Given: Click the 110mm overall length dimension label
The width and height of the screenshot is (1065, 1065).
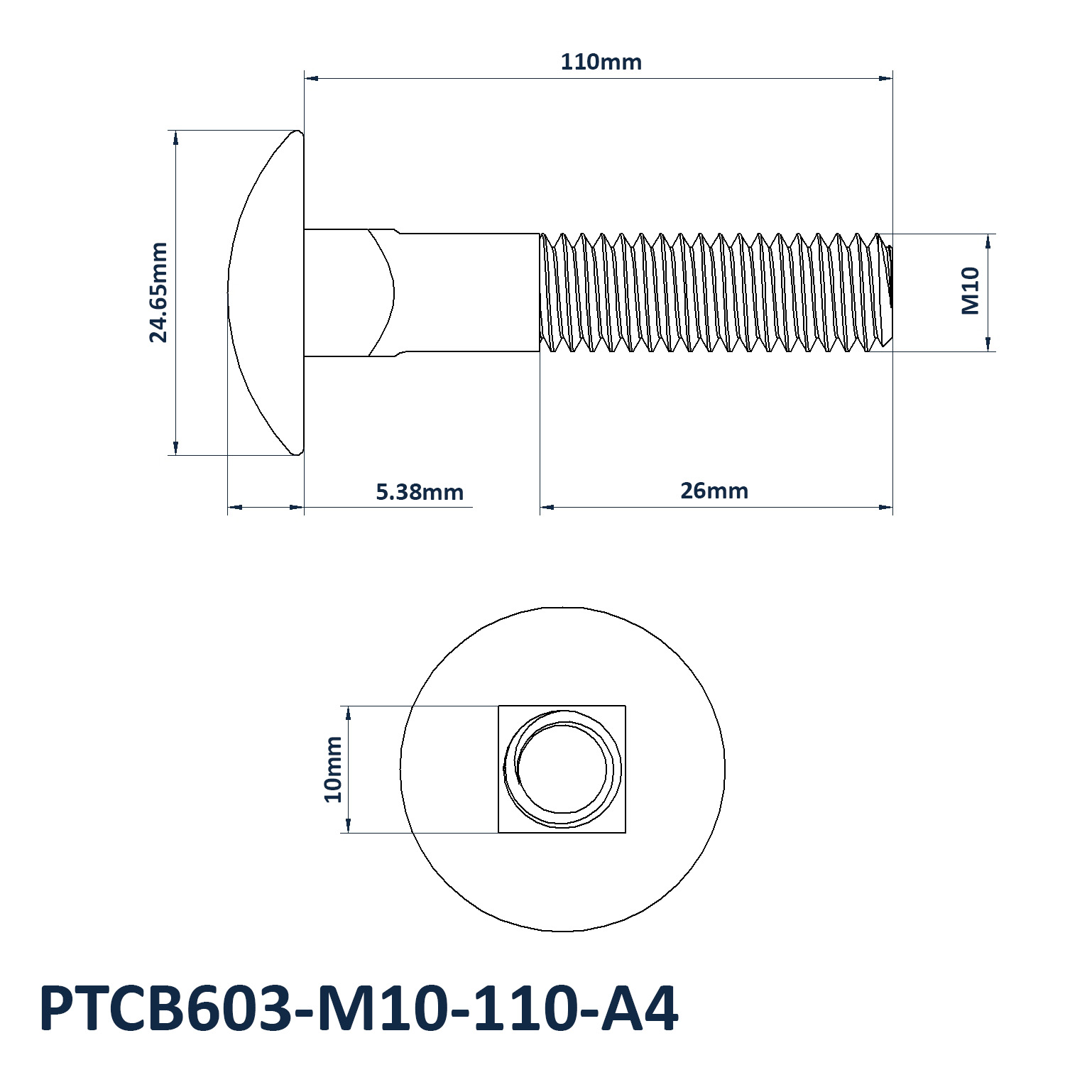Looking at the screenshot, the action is coord(601,62).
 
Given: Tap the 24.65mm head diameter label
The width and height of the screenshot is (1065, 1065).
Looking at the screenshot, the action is coord(158,293).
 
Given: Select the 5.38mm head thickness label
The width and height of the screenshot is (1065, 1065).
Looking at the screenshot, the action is coord(420,491).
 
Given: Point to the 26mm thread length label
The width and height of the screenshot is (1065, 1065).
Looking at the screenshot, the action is coord(714,491).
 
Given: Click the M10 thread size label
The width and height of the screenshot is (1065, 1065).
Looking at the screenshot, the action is coord(971,291).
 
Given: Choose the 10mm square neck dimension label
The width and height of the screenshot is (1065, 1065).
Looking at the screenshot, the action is coord(333,769).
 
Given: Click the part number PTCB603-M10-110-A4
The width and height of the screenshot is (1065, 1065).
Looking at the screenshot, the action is coord(359,1009).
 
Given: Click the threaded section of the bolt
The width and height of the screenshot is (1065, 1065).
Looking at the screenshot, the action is coord(716,293).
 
